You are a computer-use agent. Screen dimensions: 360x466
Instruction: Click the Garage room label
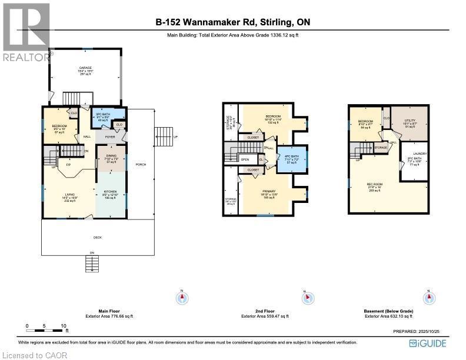point(86,68)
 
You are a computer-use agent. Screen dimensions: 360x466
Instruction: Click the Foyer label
point(110,136)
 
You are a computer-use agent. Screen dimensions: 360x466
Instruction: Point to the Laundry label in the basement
point(420,154)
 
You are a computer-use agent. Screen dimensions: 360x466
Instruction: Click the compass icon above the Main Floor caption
point(182,298)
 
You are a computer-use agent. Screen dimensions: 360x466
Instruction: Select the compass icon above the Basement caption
point(429,298)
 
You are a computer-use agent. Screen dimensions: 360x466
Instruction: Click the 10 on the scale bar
point(63,325)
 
